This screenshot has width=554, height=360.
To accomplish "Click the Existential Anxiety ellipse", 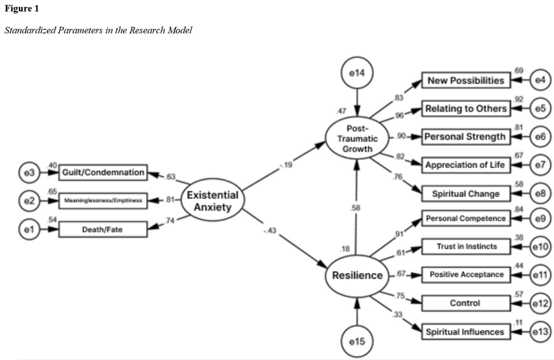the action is click(x=213, y=200).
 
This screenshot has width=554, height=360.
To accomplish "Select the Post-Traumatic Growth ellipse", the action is click(x=357, y=138).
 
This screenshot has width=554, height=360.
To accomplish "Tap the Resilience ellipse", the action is click(x=357, y=276).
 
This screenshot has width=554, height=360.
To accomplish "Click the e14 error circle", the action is click(x=357, y=73).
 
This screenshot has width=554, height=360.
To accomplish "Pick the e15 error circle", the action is click(x=357, y=341).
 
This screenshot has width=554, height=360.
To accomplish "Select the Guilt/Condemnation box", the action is click(x=103, y=172).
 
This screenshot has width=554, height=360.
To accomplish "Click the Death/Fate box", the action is click(x=103, y=229).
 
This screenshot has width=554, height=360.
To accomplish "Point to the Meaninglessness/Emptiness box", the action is click(x=103, y=200).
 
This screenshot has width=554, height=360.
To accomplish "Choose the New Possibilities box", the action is click(x=466, y=80).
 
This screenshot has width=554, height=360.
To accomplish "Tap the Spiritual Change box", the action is click(x=466, y=194).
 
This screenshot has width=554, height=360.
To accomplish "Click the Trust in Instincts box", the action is click(x=466, y=246).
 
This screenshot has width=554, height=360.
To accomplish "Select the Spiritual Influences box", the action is click(x=466, y=332).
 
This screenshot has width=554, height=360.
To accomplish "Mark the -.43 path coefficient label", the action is click(x=270, y=231).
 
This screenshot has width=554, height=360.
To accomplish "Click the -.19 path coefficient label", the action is click(x=286, y=165).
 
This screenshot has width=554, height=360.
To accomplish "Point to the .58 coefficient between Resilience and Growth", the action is click(x=355, y=208).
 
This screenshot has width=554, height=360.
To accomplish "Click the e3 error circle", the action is click(x=29, y=172).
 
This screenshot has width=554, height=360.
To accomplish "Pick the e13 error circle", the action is click(x=540, y=332).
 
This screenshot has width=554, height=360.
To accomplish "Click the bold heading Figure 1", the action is click(x=22, y=9).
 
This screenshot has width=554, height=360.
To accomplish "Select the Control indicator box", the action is click(x=466, y=303).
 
